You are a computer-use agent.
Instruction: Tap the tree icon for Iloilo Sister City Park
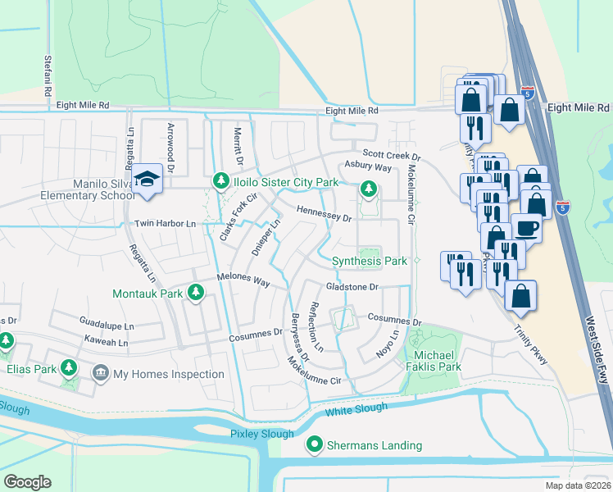pyautogui.click(x=220, y=180)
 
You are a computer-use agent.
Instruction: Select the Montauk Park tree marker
pyautogui.click(x=196, y=292)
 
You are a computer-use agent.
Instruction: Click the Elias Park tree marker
pyautogui.click(x=70, y=368)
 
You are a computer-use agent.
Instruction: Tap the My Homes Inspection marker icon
pyautogui.click(x=101, y=374)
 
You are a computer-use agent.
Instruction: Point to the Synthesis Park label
pyautogui.click(x=370, y=262)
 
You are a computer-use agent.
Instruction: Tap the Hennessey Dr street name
pyautogui.click(x=323, y=214)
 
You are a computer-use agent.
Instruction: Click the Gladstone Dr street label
pyautogui.click(x=352, y=287)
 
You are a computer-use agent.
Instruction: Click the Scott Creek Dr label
pyautogui.click(x=391, y=156)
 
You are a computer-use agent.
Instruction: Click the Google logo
pyautogui.click(x=27, y=482)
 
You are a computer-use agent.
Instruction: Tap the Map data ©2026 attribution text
pyautogui.click(x=578, y=485)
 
